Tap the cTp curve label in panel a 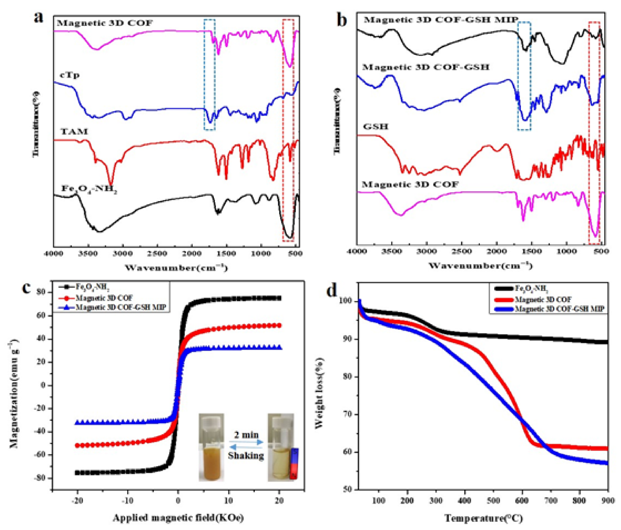70,75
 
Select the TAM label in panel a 74,131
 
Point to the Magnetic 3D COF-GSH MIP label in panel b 441,20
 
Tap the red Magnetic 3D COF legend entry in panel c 103,298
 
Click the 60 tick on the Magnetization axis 43,315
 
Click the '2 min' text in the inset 246,435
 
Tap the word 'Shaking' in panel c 246,456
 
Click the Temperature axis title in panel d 483,518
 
